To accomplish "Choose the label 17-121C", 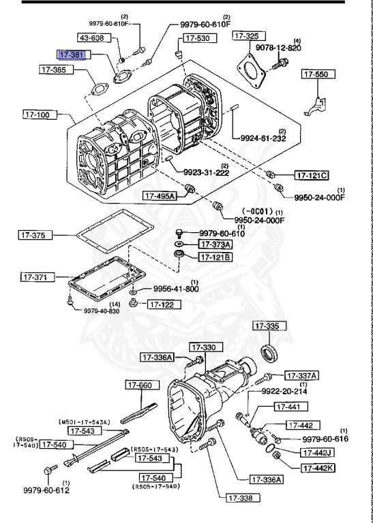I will [x=312, y=175].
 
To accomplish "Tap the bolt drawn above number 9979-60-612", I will [x=49, y=470].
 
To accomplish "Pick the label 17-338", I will [x=244, y=498].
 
